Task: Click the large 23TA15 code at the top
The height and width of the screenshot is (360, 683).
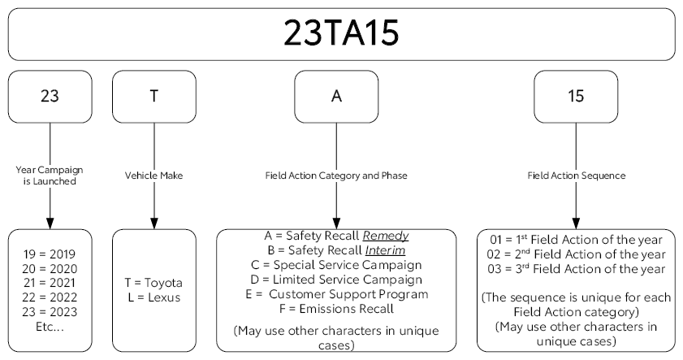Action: (x=341, y=33)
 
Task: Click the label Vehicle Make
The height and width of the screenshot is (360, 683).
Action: (x=153, y=176)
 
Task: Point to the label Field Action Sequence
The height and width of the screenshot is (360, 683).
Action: (x=577, y=176)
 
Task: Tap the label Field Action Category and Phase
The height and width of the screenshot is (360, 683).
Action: (x=336, y=176)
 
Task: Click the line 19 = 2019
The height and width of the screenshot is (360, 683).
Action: (x=50, y=254)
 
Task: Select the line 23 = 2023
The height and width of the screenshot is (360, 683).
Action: (x=50, y=312)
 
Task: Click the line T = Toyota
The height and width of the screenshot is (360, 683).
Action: (x=153, y=283)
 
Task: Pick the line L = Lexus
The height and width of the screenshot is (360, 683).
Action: (x=154, y=297)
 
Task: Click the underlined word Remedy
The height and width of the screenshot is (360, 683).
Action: (x=386, y=236)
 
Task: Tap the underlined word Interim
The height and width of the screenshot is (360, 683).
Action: (x=385, y=250)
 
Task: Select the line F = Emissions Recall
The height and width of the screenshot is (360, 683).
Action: (x=336, y=309)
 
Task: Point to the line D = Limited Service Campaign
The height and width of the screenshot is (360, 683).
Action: (x=336, y=280)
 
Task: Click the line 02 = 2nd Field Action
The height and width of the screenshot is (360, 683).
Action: (x=577, y=254)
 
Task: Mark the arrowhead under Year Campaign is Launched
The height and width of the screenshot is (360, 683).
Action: (x=50, y=223)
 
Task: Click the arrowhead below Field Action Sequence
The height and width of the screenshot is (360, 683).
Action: (x=576, y=223)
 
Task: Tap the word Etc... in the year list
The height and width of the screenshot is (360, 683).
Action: (x=50, y=327)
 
